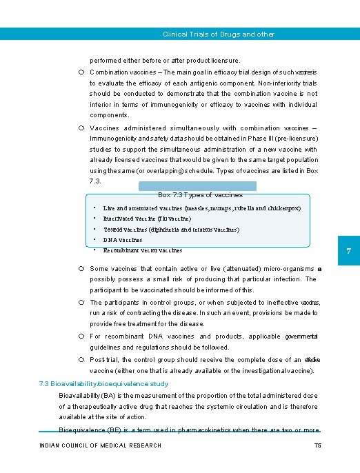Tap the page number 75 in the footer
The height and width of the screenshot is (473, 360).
pos(317,445)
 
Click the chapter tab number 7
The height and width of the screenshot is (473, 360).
pos(349,252)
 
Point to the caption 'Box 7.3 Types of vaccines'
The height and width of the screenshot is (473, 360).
pos(200,195)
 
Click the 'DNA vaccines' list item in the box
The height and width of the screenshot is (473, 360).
pos(123,240)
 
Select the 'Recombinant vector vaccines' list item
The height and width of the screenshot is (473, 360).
pos(143,250)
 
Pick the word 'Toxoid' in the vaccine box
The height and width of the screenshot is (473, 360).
pos(114,229)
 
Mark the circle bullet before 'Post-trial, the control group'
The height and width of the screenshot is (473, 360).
pos(81,360)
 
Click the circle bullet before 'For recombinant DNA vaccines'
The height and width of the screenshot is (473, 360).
pos(81,336)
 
